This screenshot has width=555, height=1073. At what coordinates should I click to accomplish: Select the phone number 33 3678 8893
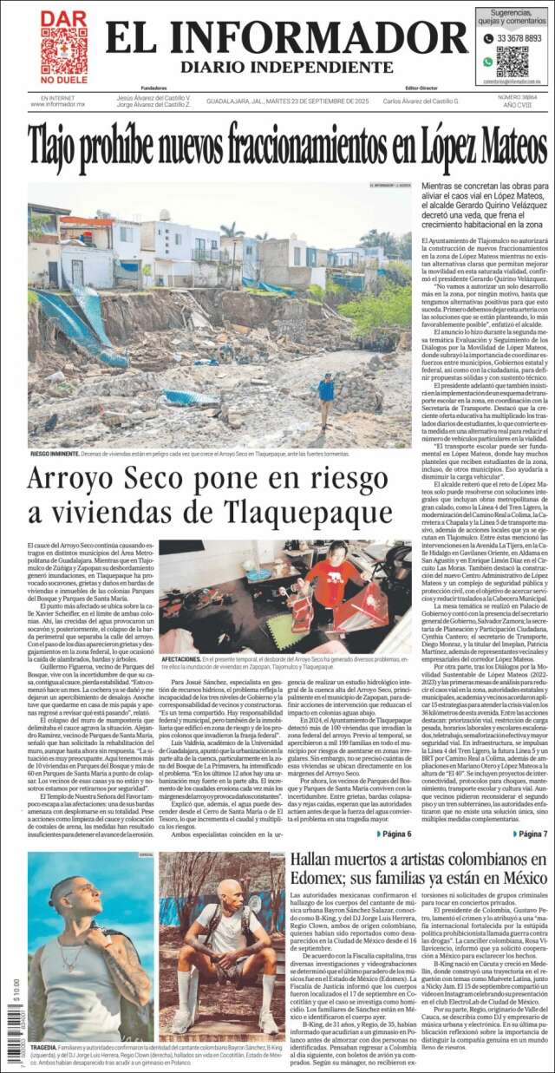[519, 38]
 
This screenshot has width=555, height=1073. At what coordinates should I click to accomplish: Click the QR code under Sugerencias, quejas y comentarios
[512, 62]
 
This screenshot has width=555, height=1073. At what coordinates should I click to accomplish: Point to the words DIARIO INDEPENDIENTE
[285, 67]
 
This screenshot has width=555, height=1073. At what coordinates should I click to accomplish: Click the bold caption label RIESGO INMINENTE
[55, 453]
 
